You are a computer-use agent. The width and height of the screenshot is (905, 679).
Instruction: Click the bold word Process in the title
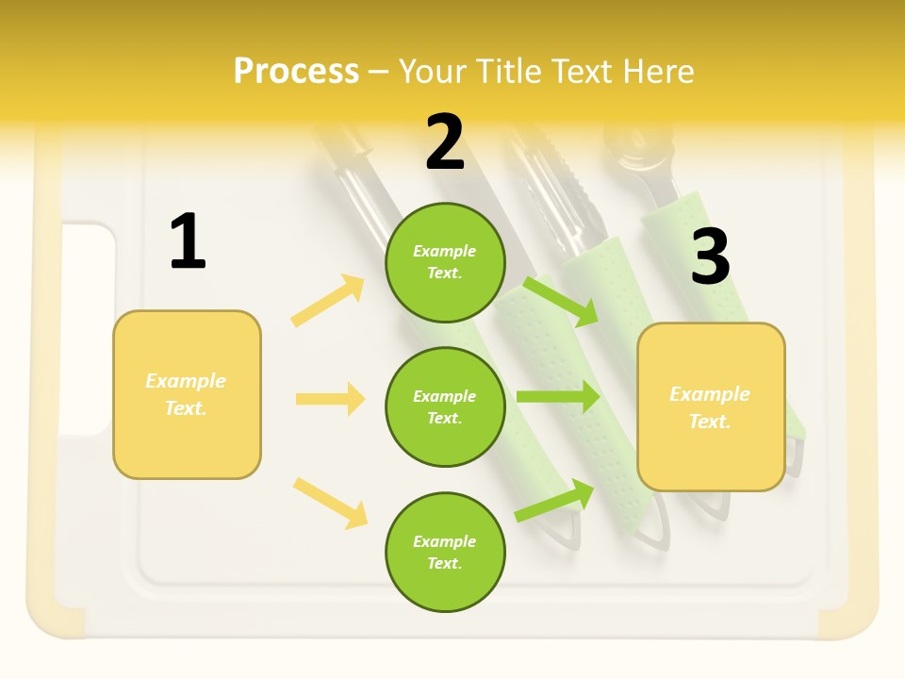tap(296, 71)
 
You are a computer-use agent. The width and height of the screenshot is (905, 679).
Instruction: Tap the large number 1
tap(188, 242)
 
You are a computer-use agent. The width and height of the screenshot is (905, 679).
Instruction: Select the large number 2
tap(445, 142)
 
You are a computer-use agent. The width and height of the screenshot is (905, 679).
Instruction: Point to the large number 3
tap(710, 257)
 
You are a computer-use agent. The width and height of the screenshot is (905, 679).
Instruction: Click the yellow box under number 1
tap(187, 394)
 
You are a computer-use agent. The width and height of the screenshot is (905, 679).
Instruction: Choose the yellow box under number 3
tap(711, 406)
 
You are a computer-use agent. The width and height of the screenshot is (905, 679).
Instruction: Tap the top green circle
tap(445, 262)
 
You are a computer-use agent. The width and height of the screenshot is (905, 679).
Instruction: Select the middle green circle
tap(445, 406)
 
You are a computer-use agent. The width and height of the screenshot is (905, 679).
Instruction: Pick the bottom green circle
tap(445, 552)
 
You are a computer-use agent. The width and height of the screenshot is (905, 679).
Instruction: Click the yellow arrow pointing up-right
tap(328, 301)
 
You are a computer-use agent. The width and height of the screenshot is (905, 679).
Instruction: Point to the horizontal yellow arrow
tap(330, 399)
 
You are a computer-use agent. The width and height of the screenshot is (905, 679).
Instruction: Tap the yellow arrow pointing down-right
tap(330, 503)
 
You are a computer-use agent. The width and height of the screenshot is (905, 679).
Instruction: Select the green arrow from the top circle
tap(561, 301)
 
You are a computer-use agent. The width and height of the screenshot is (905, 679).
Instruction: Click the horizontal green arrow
tap(557, 396)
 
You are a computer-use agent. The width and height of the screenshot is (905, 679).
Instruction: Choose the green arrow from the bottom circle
tap(554, 501)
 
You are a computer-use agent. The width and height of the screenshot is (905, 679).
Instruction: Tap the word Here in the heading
tap(658, 71)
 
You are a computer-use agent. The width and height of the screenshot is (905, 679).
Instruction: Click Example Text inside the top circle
tap(445, 262)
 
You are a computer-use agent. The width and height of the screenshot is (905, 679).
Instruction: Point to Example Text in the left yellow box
tap(186, 394)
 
